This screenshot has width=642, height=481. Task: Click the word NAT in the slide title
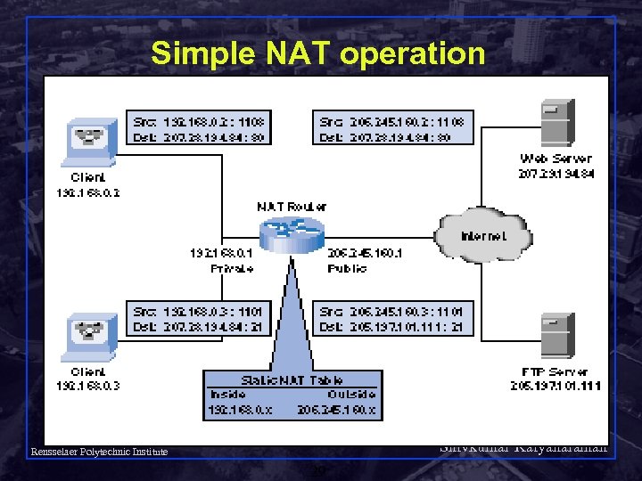point(294,53)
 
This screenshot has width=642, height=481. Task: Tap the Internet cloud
point(483,236)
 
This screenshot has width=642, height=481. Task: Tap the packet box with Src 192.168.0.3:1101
point(200,319)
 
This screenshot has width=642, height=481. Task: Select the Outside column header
point(351,394)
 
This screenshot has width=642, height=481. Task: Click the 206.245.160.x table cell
point(341,410)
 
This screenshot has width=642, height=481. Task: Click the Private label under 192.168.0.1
point(231,267)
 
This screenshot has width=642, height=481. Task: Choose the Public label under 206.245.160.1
point(347,267)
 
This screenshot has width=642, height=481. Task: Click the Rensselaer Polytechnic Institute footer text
point(98,452)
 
